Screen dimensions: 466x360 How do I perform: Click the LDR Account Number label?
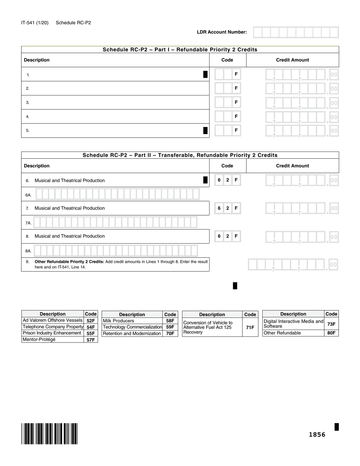click(222, 32)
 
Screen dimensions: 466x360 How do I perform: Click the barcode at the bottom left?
click(50, 433)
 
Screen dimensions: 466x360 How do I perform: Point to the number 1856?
click(317, 435)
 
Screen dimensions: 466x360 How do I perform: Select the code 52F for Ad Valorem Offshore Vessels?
click(91, 321)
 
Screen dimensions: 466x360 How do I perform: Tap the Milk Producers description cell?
click(132, 321)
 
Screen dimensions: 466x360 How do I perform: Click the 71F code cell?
click(250, 327)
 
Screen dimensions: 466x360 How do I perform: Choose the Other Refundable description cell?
click(293, 333)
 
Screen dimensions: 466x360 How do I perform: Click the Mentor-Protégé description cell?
click(52, 339)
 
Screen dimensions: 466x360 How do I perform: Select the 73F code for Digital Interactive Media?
click(331, 324)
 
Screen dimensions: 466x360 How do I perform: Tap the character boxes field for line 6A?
click(117, 194)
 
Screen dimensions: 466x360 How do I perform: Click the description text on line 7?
click(70, 208)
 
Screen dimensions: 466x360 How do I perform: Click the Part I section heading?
click(180, 50)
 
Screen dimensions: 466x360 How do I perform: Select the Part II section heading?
click(180, 155)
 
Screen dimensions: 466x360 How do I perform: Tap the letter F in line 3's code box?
click(236, 102)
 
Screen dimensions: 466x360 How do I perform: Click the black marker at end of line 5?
click(205, 131)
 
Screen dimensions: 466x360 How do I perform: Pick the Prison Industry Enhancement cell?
click(52, 333)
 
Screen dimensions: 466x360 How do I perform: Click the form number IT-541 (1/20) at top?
click(35, 23)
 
